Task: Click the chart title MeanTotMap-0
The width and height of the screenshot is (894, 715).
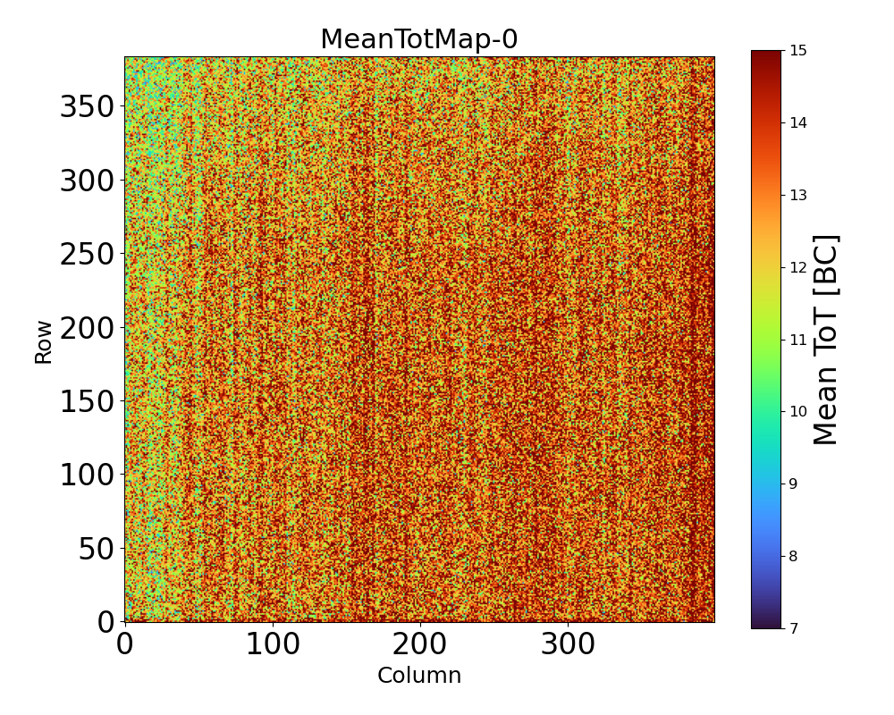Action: click(419, 40)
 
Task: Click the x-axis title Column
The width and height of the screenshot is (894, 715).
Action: click(419, 676)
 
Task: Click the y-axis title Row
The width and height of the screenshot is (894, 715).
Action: click(44, 340)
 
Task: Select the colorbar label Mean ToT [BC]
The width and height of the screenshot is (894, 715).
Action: click(827, 340)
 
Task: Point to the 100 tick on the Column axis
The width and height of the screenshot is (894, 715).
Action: click(273, 645)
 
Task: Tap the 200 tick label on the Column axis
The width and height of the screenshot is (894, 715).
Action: click(420, 645)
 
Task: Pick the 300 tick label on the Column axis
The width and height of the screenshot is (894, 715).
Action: click(569, 645)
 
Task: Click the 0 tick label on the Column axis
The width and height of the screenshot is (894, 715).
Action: click(125, 645)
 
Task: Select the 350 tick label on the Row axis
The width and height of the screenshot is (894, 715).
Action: click(88, 107)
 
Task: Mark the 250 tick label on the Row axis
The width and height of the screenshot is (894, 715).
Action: click(88, 255)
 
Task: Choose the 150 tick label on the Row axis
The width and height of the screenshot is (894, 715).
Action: click(88, 402)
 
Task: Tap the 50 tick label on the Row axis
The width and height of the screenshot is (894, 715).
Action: click(97, 549)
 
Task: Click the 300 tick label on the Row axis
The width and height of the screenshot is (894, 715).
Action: click(88, 181)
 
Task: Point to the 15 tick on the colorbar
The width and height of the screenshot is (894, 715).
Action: click(798, 51)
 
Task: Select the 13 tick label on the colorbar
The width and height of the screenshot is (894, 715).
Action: click(798, 196)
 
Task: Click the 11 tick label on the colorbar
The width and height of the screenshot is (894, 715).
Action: click(798, 341)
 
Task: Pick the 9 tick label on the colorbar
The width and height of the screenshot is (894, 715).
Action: click(795, 484)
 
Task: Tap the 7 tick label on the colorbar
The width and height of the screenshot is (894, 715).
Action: click(795, 628)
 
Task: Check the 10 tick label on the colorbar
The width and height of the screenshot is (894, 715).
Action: click(798, 412)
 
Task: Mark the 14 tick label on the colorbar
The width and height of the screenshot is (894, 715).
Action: click(798, 123)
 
